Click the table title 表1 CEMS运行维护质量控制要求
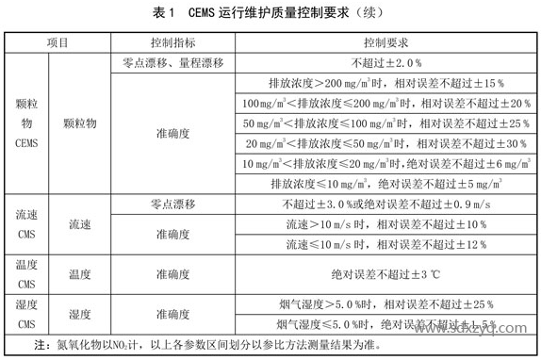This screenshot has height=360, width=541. coord(270,12)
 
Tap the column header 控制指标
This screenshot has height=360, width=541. coord(172,44)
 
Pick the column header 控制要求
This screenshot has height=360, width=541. coord(385,44)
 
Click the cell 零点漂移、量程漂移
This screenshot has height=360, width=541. coord(172,62)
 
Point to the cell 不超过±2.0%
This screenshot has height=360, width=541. coord(385,62)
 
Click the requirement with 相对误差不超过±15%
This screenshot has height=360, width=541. coord(385,83)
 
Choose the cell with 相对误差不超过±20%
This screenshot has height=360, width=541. coord(385,103)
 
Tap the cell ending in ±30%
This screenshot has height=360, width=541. coord(385,143)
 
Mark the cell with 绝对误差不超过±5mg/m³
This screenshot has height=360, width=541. coord(385,183)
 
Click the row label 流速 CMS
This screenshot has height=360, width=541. coord(25,224)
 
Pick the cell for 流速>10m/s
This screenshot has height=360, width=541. coord(385,224)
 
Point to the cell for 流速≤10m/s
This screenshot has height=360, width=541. coord(385,244)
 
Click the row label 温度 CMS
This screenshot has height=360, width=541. coord(25,273)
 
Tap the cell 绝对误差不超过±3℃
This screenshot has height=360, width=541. coord(385,274)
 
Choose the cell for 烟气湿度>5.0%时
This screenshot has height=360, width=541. coord(385,303)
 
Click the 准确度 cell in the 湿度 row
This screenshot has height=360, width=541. coord(172,313)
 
